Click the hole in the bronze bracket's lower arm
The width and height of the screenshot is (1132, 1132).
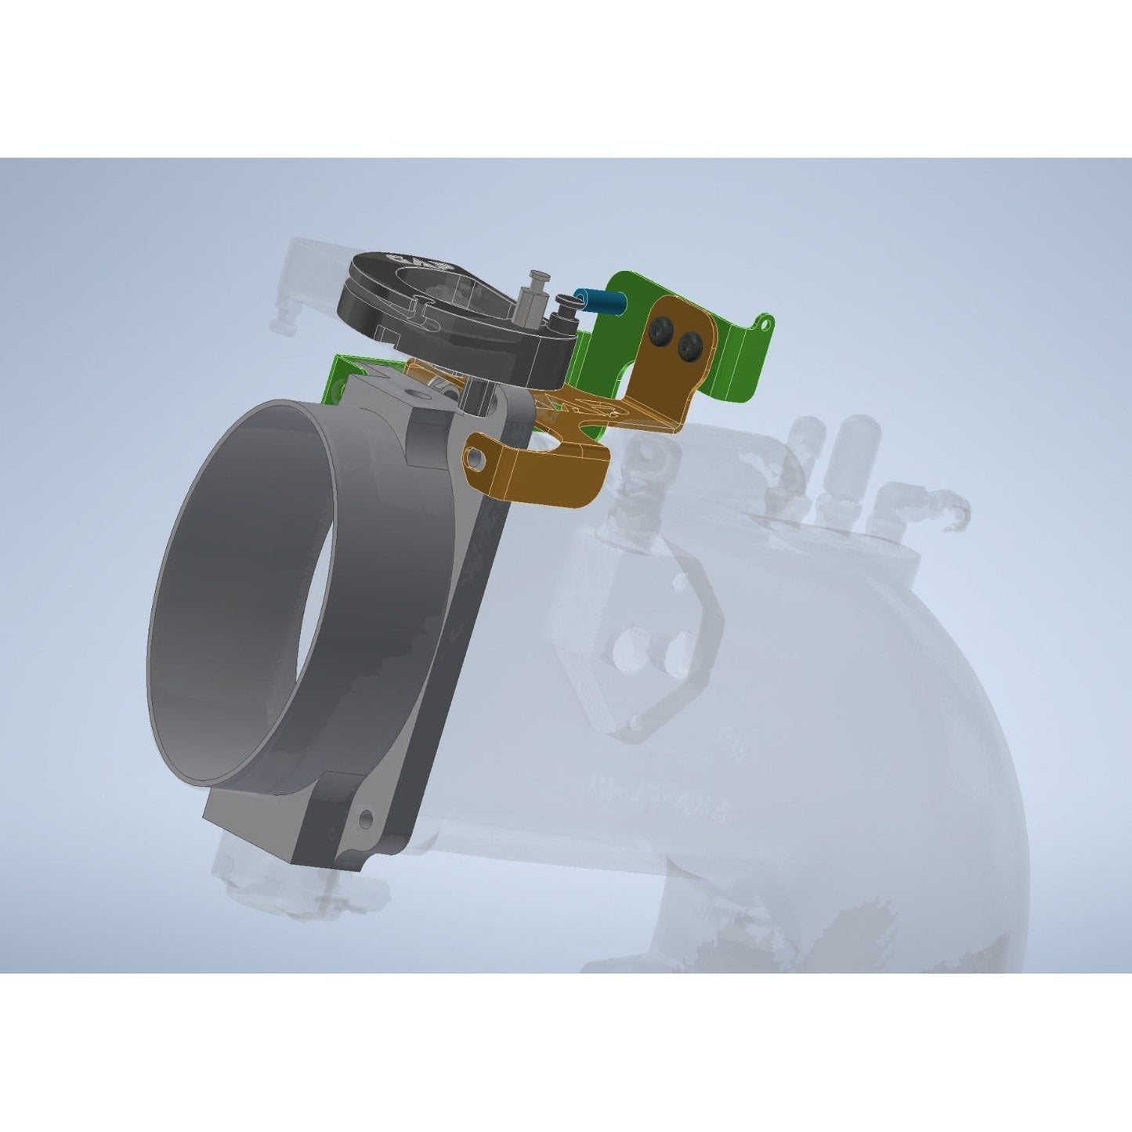point(476,454)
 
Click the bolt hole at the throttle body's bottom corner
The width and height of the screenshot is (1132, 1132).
point(365,820)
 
